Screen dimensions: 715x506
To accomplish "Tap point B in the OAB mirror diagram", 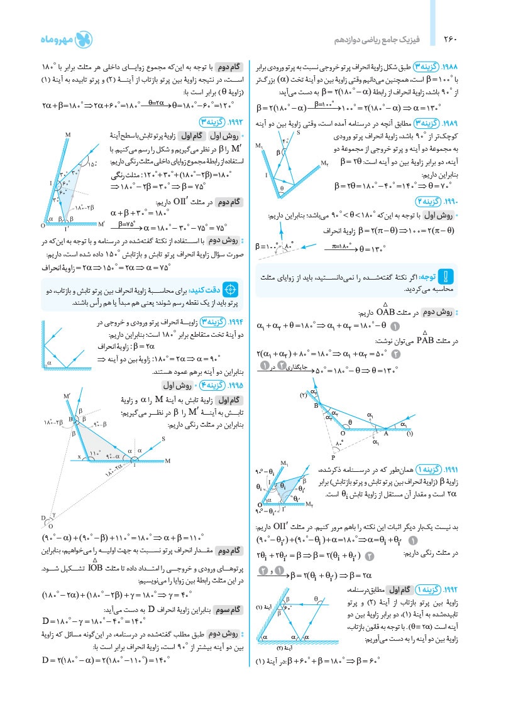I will (317, 406).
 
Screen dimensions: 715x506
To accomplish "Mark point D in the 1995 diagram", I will (45, 517).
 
